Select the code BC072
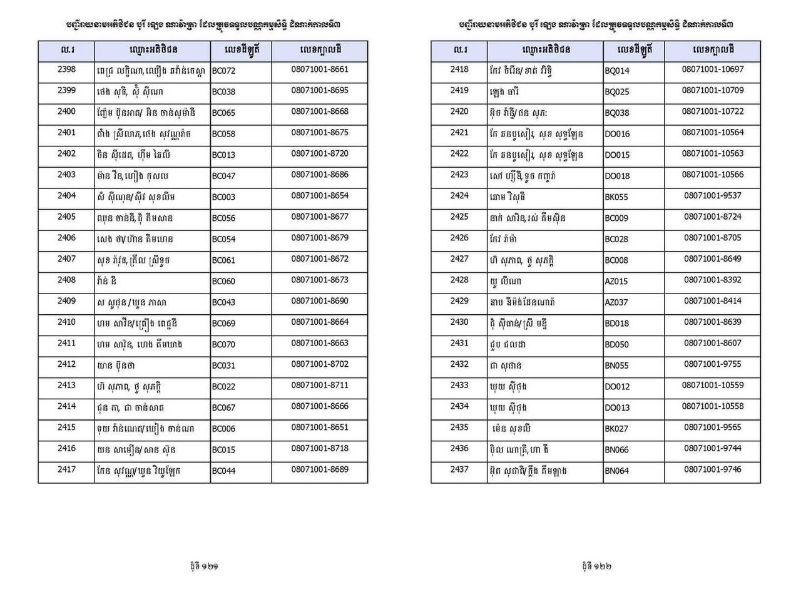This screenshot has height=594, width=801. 223,71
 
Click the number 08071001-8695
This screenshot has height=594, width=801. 319,91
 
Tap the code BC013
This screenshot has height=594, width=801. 223,155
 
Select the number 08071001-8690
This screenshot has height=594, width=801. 319,301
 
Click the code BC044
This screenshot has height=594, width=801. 223,471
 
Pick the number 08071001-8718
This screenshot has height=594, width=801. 319,448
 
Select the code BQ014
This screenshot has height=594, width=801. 617,71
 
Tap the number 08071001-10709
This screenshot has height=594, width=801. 713,91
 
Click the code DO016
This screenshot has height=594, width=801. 617,134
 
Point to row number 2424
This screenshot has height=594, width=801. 459,196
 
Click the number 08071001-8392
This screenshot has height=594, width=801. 712,280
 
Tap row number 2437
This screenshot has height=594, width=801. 459,469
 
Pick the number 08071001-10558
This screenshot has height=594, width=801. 713,406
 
